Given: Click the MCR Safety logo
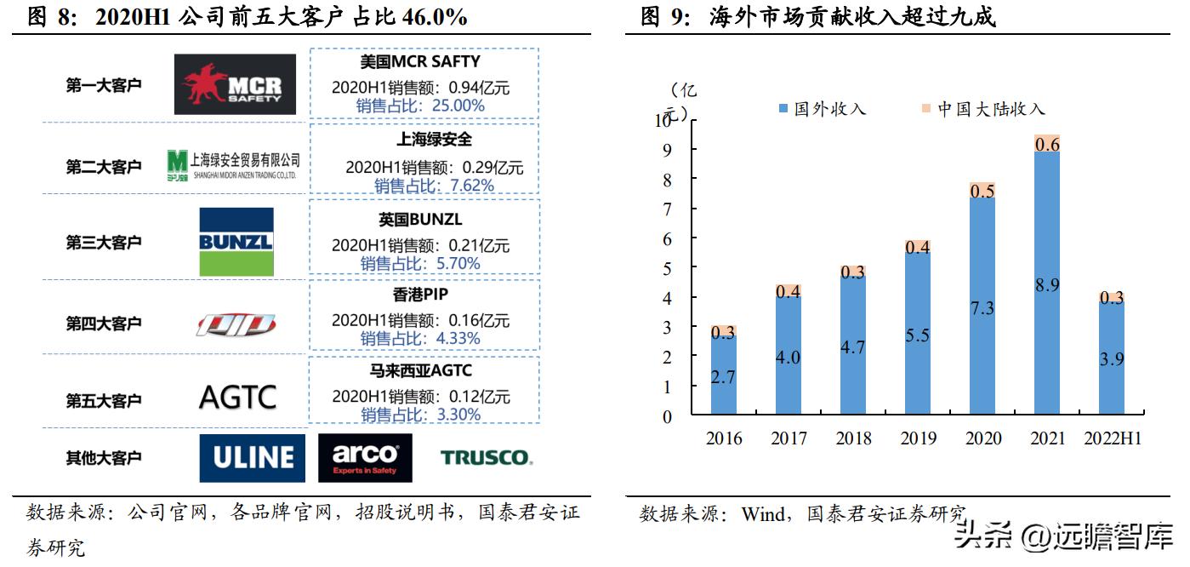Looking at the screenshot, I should (235, 84).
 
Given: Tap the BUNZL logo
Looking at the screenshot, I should (236, 242).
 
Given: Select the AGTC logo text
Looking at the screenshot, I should (237, 398).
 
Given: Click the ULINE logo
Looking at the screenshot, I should (252, 458).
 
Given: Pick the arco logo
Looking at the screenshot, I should (365, 458).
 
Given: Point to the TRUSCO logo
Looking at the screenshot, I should (486, 458).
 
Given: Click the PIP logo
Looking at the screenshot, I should (236, 324).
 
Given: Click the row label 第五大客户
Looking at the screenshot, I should (104, 400).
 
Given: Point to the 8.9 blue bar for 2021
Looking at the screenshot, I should (1047, 341).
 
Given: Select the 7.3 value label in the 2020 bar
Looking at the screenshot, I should (982, 308).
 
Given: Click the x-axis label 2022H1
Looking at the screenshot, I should (1113, 438).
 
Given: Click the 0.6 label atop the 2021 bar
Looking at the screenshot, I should (1047, 145).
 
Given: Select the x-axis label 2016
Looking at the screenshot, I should (724, 438).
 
